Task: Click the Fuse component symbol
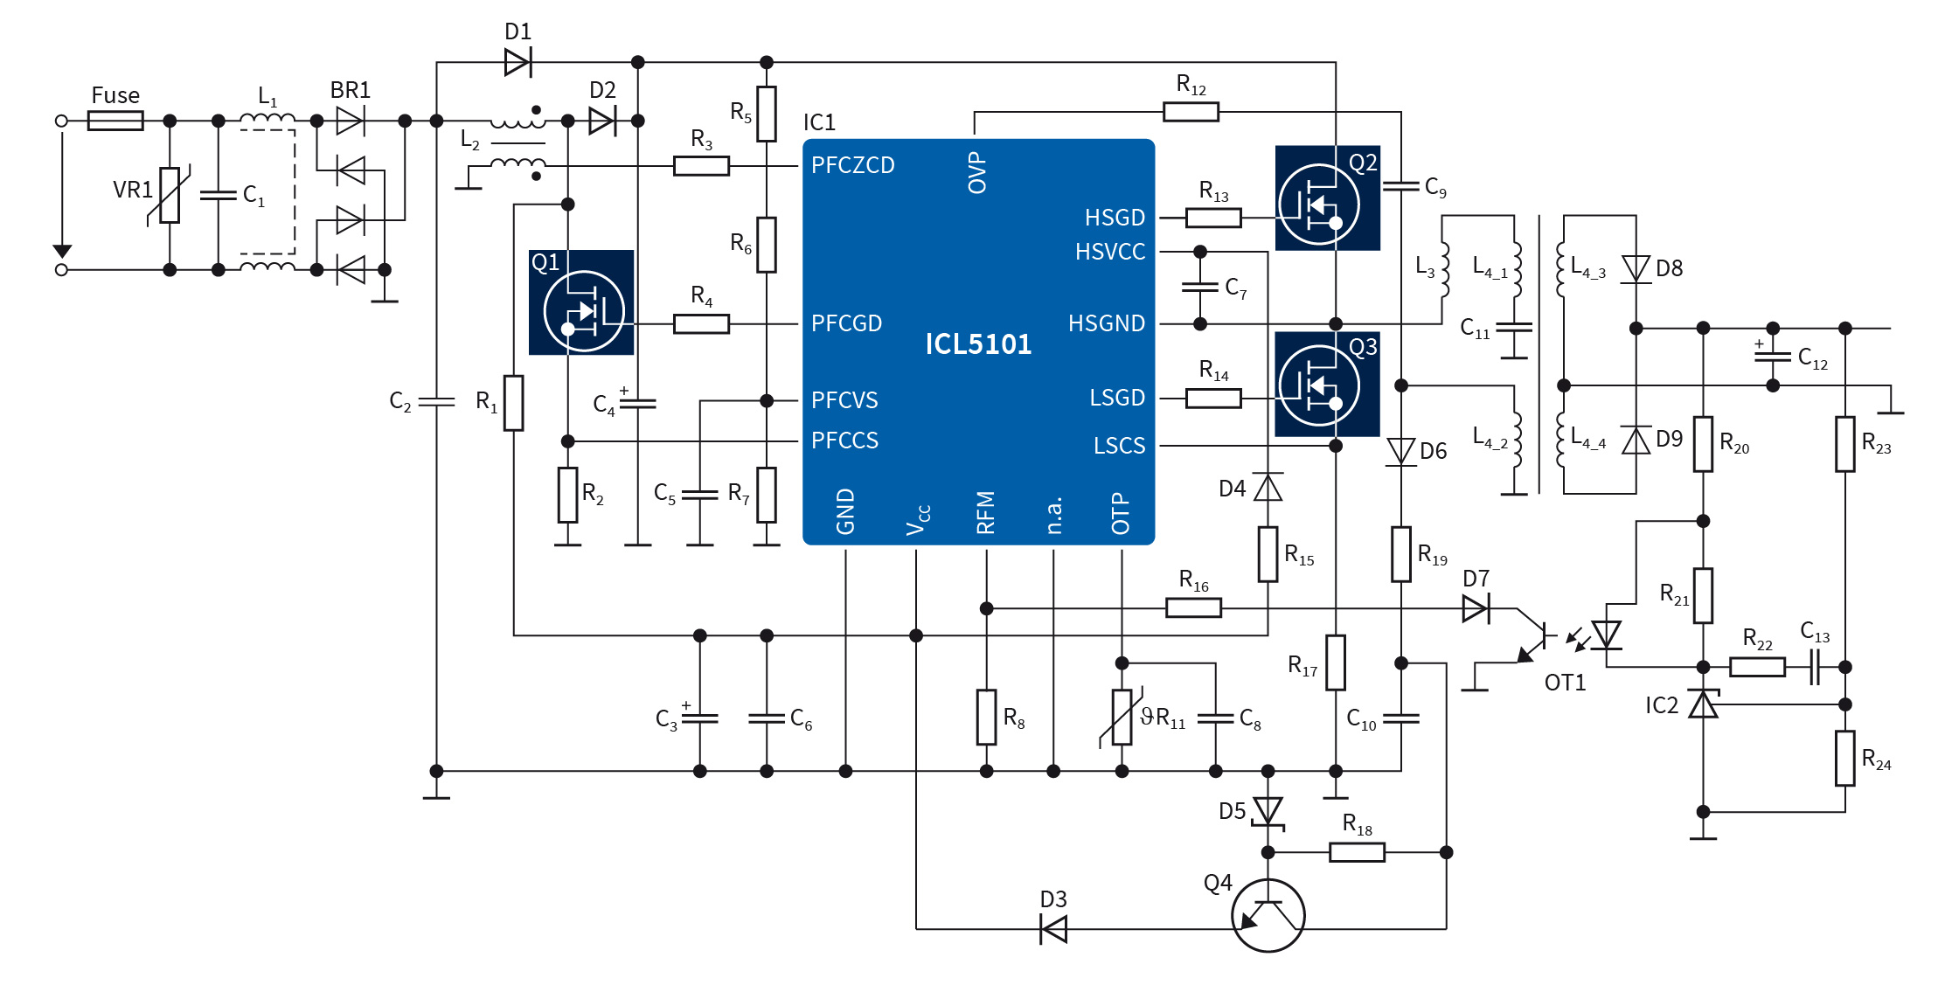click(115, 121)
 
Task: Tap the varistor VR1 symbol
click(170, 196)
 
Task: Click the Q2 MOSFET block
click(1327, 198)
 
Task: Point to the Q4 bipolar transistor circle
click(1268, 915)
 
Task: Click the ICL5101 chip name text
click(978, 344)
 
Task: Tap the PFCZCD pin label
click(852, 165)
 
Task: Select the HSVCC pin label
click(1109, 252)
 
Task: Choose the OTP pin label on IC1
click(1121, 513)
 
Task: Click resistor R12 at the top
click(1191, 112)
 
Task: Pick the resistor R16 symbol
click(1193, 608)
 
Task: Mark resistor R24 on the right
click(1844, 759)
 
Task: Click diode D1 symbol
click(517, 62)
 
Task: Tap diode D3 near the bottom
click(1053, 928)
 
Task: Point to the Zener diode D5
click(1268, 811)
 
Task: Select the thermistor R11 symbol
click(1122, 718)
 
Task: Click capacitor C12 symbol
click(1772, 357)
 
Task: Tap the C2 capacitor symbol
click(436, 402)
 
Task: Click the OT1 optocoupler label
click(1564, 683)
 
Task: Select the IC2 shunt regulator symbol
click(1703, 704)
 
